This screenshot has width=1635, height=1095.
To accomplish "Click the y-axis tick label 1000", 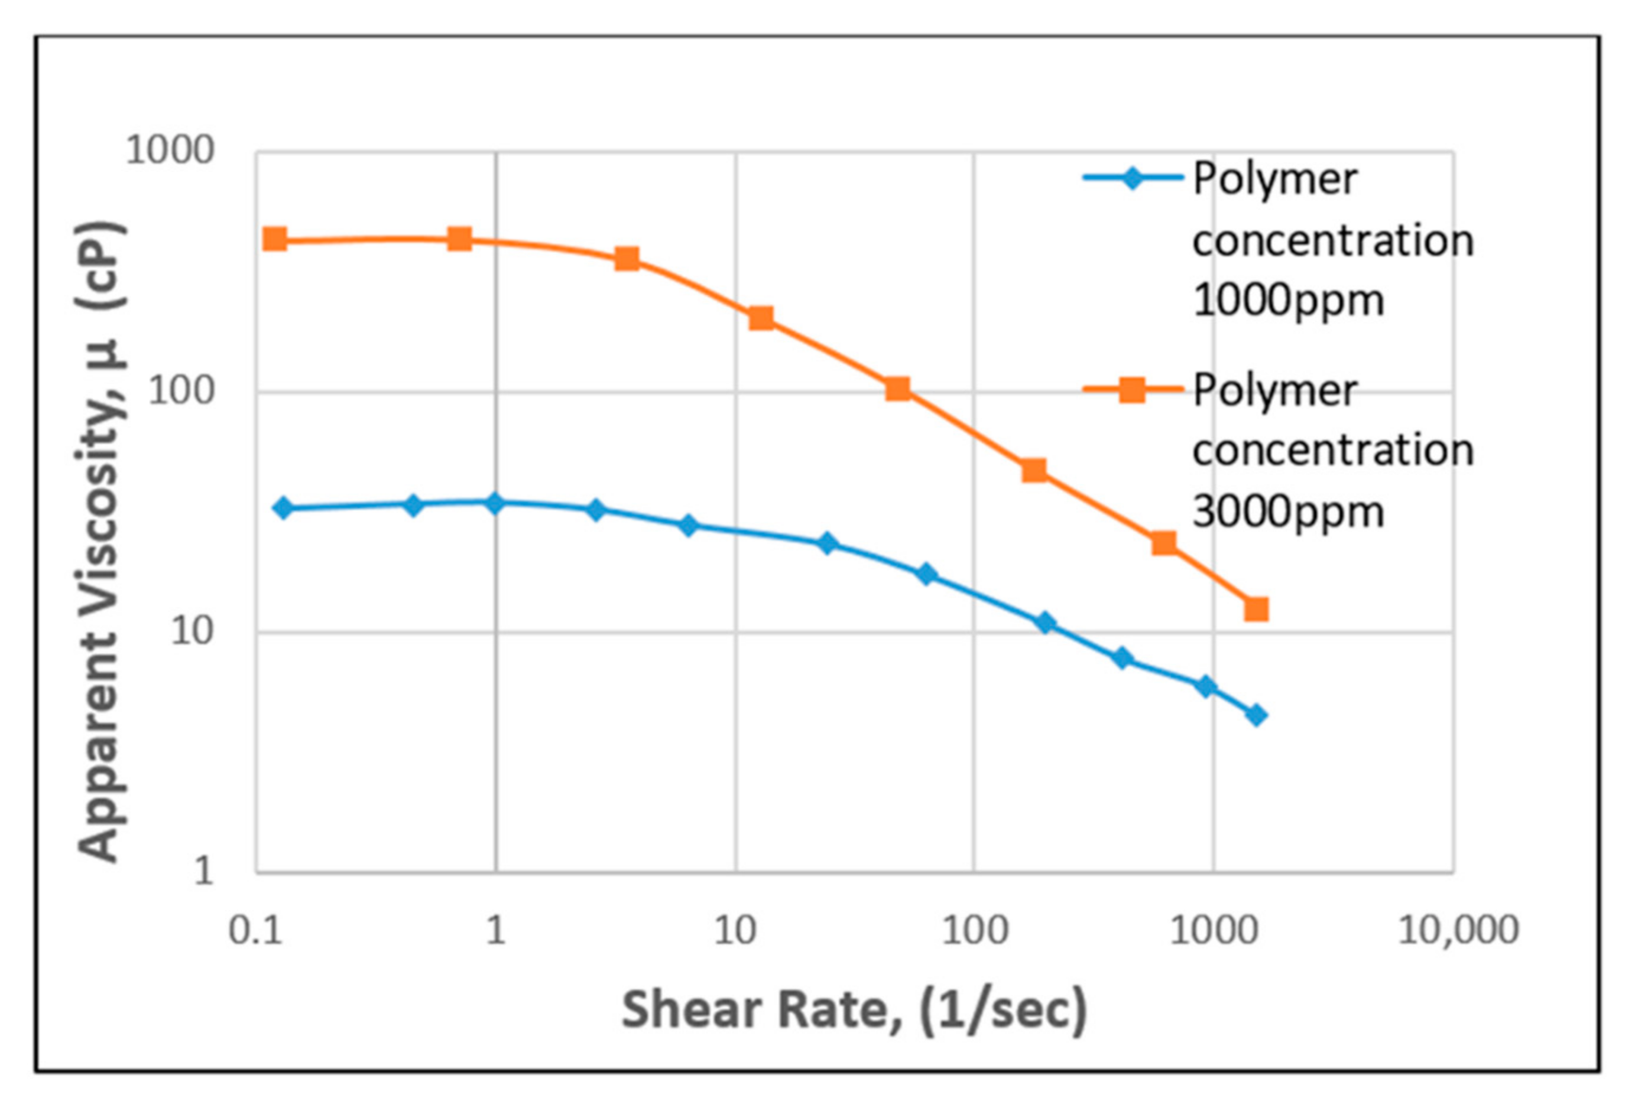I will [169, 150].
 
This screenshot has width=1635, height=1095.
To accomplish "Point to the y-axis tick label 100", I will [181, 391].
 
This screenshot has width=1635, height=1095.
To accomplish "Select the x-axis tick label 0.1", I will [256, 931].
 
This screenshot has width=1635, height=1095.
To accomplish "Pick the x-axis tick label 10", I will [735, 931].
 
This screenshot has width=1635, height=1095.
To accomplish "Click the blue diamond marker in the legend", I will [1132, 178].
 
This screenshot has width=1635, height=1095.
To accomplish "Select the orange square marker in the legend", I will [1132, 390].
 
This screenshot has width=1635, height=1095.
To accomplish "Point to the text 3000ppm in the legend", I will [1288, 512].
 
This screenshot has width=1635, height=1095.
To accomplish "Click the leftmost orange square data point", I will [275, 239].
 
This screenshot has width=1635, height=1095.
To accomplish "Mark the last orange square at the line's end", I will [1256, 609].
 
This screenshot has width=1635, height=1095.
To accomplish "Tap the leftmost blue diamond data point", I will [283, 508].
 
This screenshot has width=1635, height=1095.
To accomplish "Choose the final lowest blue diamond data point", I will [1256, 715].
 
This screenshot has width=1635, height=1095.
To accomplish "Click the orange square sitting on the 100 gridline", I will [898, 389].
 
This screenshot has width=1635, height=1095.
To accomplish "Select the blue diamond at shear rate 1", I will [495, 503].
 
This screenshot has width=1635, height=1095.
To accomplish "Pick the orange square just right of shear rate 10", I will [761, 318].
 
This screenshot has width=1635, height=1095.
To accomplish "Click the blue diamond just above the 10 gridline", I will [1045, 623].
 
